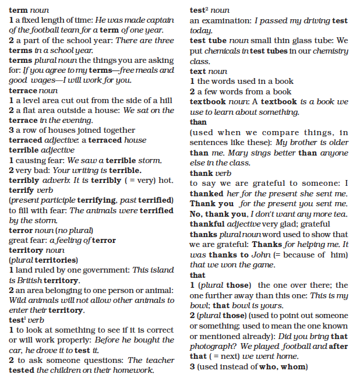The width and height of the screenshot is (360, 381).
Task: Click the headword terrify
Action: (x=22, y=190)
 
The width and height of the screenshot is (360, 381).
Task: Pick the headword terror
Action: (x=20, y=230)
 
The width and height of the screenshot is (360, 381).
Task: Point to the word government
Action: (x=106, y=270)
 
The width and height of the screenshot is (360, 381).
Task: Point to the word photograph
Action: (x=212, y=346)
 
